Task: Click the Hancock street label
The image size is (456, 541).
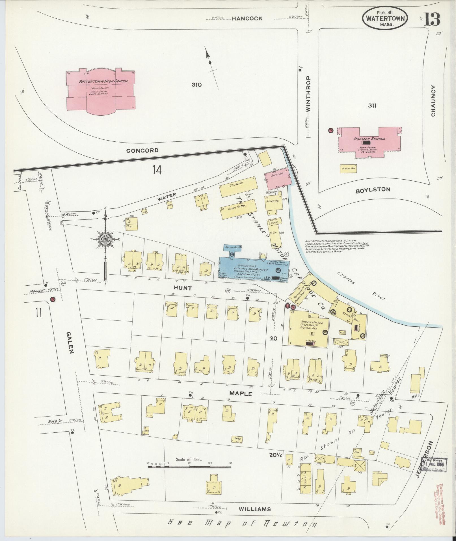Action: click(x=247, y=19)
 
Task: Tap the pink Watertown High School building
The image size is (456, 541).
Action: click(x=101, y=90)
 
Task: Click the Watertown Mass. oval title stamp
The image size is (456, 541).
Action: click(x=385, y=18)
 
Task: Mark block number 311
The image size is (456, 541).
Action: click(x=372, y=105)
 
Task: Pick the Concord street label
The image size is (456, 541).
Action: click(x=142, y=150)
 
